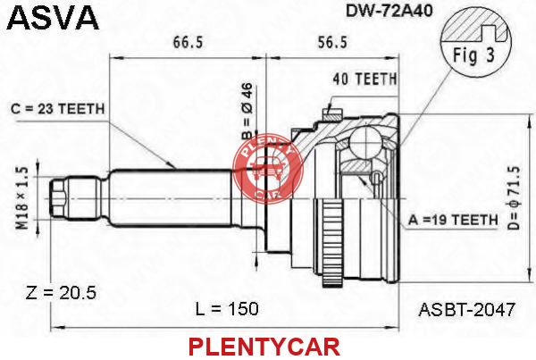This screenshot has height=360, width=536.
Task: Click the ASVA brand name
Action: click(53, 18)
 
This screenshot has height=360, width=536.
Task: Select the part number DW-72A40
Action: click(389, 11)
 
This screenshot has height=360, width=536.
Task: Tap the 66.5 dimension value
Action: click(188, 42)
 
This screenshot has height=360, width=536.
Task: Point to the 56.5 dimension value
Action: click(332, 42)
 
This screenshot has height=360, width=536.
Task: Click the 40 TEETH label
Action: click(364, 80)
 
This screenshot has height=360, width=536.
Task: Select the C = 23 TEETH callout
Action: click(57, 109)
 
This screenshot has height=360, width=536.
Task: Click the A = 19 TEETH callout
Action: click(453, 220)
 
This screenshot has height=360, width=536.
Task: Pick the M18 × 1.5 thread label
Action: click(23, 199)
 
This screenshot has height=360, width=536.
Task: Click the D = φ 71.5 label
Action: click(514, 198)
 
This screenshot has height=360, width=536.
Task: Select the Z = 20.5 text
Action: click(61, 293)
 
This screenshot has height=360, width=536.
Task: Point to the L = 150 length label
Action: click(227, 309)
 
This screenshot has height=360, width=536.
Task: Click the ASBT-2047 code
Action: click(466, 310)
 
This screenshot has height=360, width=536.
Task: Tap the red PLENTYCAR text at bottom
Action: click(264, 347)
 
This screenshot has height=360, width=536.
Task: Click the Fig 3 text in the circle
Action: click(473, 55)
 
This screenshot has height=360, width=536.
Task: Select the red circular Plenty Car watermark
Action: click(268, 168)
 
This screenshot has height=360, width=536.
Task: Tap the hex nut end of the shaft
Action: click(58, 198)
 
